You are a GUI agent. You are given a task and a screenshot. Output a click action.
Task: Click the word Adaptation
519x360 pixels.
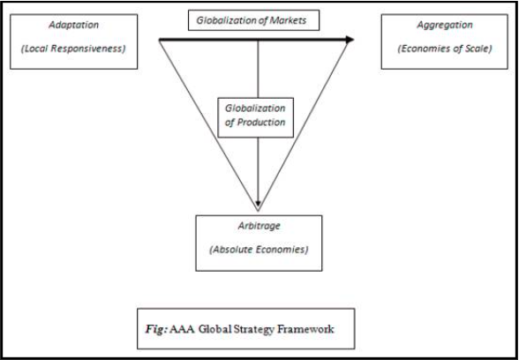click(74, 25)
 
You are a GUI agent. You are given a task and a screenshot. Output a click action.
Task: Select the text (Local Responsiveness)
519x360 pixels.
click(73, 49)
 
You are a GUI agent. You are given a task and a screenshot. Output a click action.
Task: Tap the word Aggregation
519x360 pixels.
click(445, 25)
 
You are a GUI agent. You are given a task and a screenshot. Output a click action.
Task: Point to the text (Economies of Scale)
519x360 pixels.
click(445, 49)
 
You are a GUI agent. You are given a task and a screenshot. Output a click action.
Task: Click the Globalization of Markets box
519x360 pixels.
click(253, 20)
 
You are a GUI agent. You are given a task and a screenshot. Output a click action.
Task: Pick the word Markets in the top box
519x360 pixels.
click(288, 20)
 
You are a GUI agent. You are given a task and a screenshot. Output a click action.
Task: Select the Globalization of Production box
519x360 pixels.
click(256, 117)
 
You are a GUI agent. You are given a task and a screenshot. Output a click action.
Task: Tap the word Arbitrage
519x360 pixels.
click(259, 226)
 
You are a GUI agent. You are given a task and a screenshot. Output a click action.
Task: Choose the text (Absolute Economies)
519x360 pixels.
click(259, 250)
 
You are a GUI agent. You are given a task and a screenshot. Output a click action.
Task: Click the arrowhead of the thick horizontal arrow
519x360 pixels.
click(350, 40)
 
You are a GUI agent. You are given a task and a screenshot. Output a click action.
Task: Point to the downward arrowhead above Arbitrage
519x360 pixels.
click(258, 203)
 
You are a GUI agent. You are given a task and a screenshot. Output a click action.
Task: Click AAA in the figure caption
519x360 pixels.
click(184, 330)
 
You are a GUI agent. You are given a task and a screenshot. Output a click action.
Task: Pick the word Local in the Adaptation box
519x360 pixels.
click(37, 49)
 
